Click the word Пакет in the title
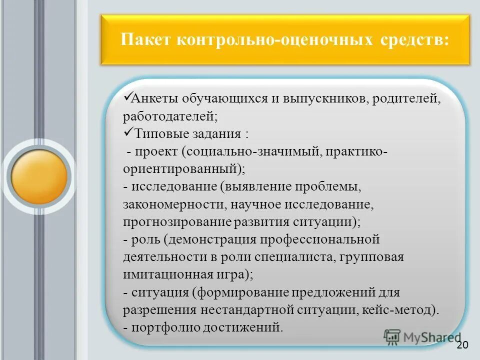tap(145, 39)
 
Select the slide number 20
tap(462, 346)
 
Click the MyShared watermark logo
tap(422, 338)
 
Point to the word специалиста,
tap(297, 257)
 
